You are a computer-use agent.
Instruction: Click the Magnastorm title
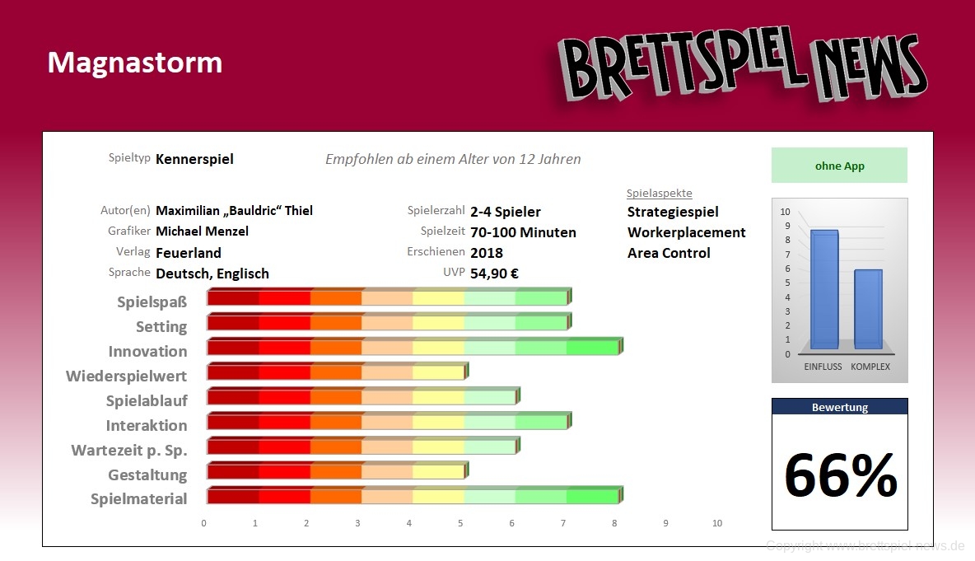coord(134,63)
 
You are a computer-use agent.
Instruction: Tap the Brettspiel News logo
coord(742,67)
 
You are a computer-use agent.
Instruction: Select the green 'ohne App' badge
coord(839,166)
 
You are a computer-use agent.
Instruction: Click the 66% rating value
coord(840,475)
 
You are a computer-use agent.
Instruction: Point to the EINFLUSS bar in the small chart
coord(823,289)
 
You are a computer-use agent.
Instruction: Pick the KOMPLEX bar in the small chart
coord(869,309)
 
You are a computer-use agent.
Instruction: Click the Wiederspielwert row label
coord(126,376)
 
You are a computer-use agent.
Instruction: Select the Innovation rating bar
coord(413,347)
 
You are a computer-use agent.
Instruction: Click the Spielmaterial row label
coord(138,499)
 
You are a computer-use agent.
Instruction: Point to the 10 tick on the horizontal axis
coord(717,523)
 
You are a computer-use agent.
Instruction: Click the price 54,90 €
coord(494,273)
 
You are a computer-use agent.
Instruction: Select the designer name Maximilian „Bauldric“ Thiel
coord(234,211)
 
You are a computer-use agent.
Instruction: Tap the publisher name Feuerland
coord(189,253)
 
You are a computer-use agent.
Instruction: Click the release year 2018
coord(487,253)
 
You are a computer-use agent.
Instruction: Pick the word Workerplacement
coord(686,232)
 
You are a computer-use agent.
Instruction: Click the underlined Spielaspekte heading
coord(659,194)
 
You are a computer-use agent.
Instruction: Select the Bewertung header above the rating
coord(839,407)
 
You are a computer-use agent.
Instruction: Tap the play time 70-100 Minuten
coord(523,232)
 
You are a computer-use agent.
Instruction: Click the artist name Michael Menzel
coord(202,231)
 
